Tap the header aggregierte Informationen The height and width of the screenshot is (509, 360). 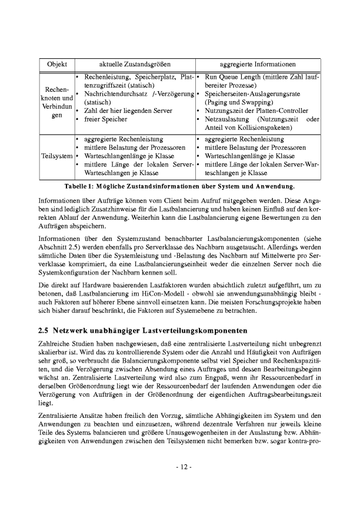pos(257,63)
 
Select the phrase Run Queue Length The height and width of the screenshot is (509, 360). pos(231,77)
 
